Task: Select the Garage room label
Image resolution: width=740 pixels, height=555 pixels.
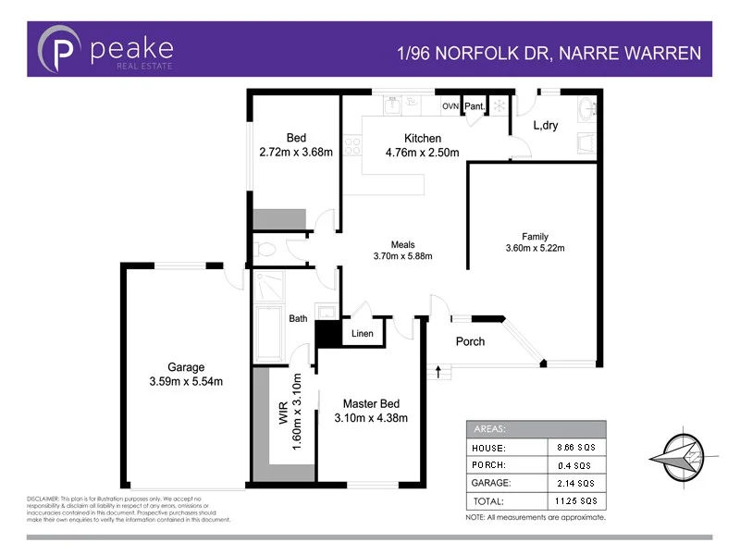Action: [186, 367]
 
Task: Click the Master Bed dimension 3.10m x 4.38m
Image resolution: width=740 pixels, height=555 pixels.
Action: [370, 418]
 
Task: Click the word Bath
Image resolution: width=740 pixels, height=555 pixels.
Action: [298, 319]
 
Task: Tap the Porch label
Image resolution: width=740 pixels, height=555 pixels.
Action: [470, 341]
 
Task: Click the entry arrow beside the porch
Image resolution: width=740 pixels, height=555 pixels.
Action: [438, 371]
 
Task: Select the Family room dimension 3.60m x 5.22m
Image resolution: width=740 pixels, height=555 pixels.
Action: [535, 248]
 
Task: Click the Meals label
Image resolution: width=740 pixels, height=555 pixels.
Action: [402, 244]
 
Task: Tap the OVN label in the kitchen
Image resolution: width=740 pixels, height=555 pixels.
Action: [450, 107]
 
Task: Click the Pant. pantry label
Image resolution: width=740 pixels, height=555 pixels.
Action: [475, 107]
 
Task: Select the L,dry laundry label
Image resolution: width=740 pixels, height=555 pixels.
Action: [546, 126]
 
